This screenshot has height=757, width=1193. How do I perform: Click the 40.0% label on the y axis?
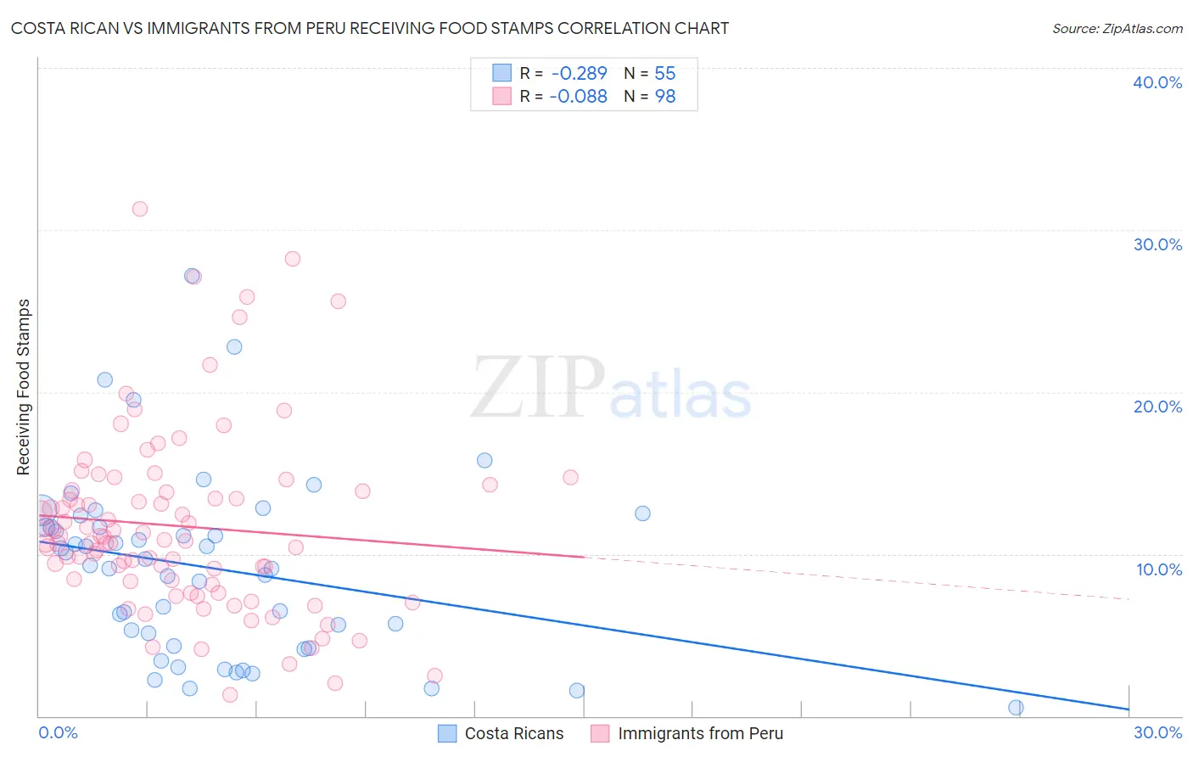point(1157,82)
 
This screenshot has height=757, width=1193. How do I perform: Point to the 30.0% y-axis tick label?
point(1157,244)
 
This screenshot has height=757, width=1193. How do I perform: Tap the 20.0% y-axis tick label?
point(1157,407)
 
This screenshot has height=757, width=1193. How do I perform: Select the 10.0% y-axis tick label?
point(1159,569)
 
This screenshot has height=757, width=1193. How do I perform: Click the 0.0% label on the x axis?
point(58,732)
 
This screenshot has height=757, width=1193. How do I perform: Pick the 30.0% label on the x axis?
point(1157,732)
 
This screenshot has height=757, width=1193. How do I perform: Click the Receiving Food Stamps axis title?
point(23,387)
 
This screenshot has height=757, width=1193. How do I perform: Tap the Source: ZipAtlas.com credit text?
point(1117,28)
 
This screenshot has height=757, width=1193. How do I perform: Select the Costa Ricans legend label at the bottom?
point(513,733)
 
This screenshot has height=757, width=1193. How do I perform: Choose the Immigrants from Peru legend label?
point(700,733)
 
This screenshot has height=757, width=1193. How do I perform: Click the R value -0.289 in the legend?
point(579,74)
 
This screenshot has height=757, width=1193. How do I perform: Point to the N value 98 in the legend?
point(664,97)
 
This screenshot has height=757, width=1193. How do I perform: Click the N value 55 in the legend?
point(664,74)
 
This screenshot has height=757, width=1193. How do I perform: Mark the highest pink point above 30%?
point(140,209)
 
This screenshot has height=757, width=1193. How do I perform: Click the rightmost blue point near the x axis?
point(1016,708)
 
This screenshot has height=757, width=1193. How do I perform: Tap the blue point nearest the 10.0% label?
point(642,513)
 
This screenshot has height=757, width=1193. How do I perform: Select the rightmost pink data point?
point(570,478)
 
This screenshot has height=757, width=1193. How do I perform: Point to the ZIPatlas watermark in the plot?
point(611,389)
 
